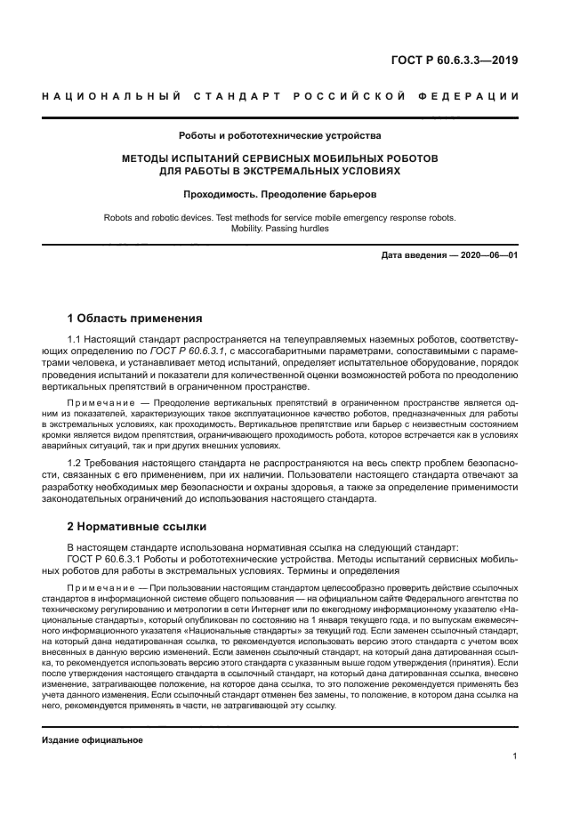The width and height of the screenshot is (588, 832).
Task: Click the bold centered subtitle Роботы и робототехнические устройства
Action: (x=279, y=136)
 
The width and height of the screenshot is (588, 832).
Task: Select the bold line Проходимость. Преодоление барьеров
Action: (x=279, y=193)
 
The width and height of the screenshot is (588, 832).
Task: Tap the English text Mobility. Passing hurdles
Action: (x=279, y=229)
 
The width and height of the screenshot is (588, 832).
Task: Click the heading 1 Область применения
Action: (x=135, y=319)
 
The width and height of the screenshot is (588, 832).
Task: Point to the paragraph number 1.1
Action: (x=76, y=340)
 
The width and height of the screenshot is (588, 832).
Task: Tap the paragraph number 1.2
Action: (x=76, y=464)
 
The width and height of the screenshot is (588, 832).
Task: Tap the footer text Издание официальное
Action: (x=93, y=740)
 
